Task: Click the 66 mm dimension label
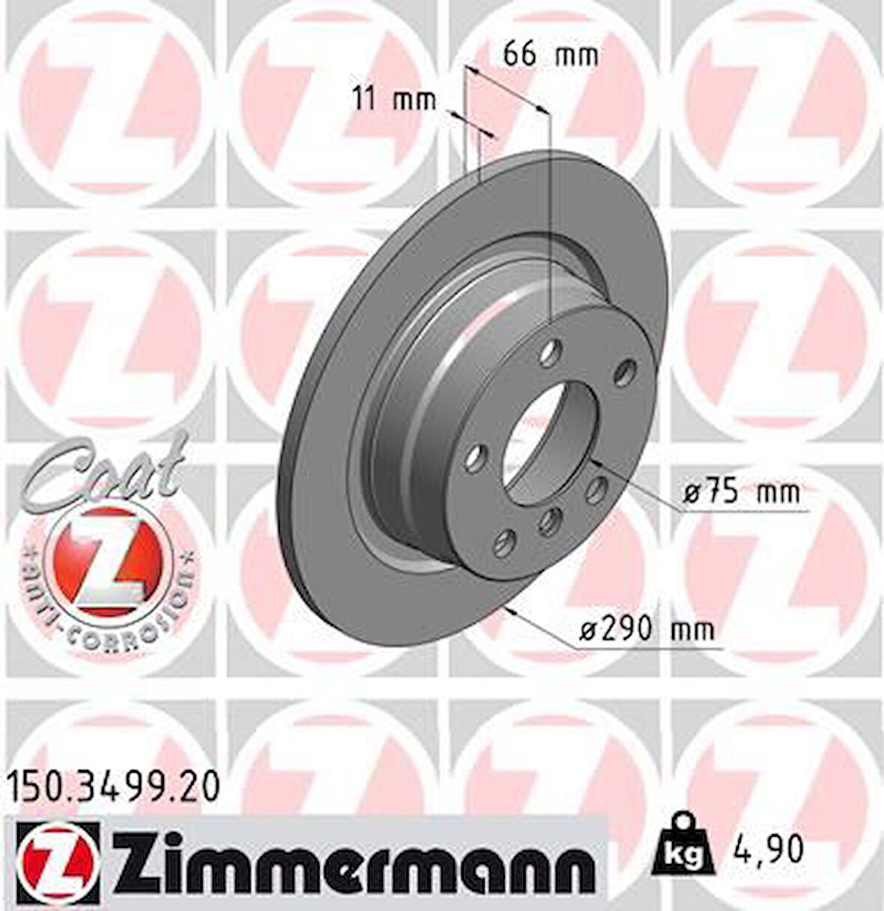click(551, 55)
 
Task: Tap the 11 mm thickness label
click(394, 100)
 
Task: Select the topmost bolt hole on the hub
click(553, 349)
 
